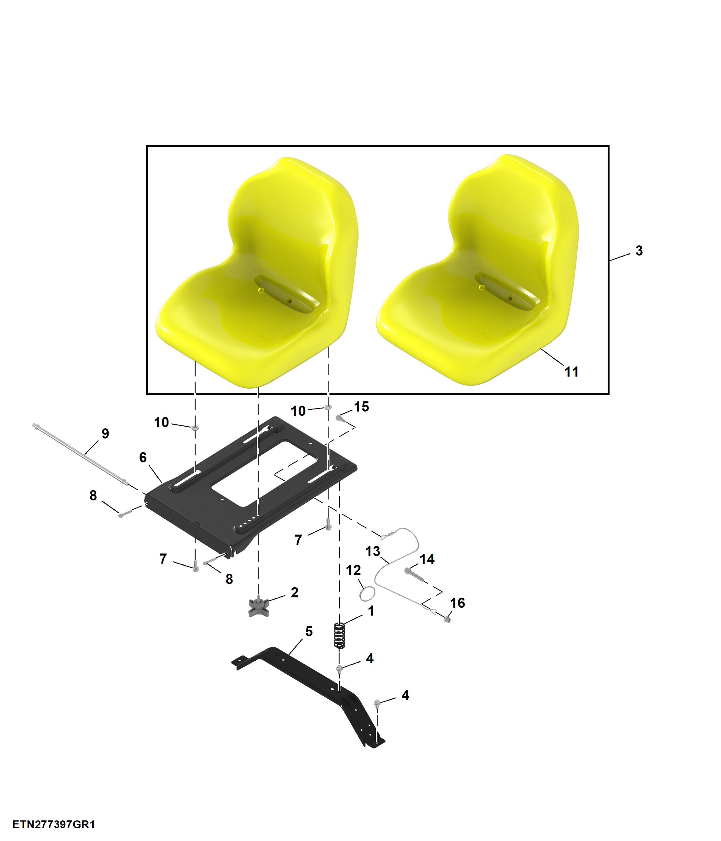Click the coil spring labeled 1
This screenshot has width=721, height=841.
pyautogui.click(x=339, y=635)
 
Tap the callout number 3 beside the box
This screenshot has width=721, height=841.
pyautogui.click(x=639, y=250)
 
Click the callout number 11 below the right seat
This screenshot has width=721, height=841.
pyautogui.click(x=571, y=372)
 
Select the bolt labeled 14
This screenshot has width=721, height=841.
pyautogui.click(x=414, y=575)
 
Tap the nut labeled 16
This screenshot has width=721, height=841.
pyautogui.click(x=447, y=619)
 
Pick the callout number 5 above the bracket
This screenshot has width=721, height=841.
pyautogui.click(x=309, y=631)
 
